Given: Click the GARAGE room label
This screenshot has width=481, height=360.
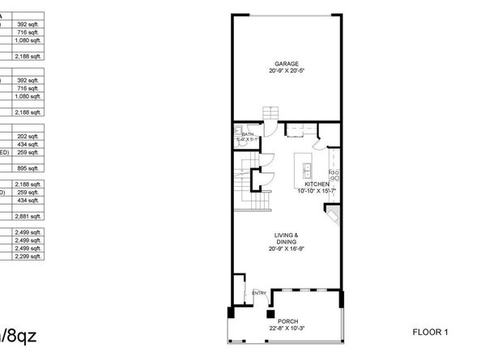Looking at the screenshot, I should coord(286,63).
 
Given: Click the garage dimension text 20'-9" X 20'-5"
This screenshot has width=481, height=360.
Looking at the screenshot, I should coord(286,70).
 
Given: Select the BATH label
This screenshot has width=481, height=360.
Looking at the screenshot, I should coord(248,134).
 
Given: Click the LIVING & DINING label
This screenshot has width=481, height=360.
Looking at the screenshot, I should coord(286,238).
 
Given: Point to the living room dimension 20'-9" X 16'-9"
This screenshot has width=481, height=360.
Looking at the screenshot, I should coord(286,248).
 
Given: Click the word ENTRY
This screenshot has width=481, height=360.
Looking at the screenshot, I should coord(259,293).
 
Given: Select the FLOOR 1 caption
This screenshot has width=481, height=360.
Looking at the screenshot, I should coord(430,332).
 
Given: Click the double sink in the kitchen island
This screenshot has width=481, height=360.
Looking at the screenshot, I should coord(309,172).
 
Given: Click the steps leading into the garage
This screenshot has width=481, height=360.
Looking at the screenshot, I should coord(269,115).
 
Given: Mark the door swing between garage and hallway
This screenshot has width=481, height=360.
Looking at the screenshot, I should coord(274,129).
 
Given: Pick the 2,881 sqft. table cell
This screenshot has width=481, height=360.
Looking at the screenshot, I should coord(28,217).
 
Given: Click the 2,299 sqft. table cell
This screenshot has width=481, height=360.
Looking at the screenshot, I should coord(28,256).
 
